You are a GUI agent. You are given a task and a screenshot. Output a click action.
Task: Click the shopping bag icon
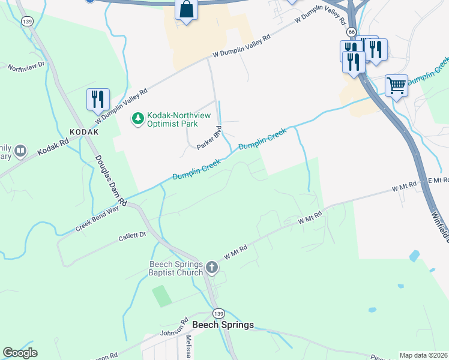187,10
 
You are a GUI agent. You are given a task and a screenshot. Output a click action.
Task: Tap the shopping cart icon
396,85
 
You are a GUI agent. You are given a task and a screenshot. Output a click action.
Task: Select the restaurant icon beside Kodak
98,99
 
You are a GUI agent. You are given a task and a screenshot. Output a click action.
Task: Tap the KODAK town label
83,131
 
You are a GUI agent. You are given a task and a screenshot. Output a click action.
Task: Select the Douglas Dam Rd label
110,179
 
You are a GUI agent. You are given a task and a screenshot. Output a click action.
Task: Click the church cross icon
211,267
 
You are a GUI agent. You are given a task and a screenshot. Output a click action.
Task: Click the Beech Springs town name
223,325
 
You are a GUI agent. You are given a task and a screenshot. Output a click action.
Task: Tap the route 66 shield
352,31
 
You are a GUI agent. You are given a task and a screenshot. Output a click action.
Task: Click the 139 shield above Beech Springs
219,313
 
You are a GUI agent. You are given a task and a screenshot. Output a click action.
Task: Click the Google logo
20,353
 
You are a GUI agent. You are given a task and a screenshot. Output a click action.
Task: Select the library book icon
21,151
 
